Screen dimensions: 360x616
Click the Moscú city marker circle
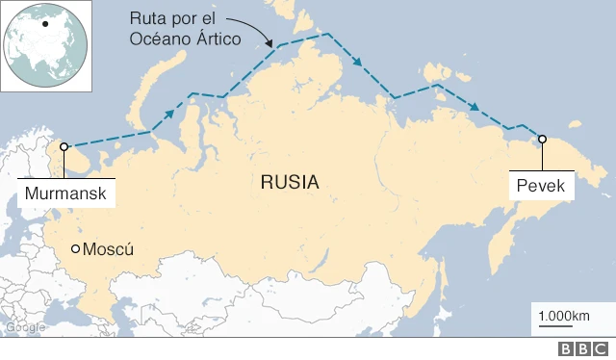(x=76, y=249)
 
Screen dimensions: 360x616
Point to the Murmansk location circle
(x=64, y=147)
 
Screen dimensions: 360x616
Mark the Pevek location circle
(x=541, y=139)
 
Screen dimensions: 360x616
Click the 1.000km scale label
(x=565, y=316)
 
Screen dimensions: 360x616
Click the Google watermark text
(x=25, y=327)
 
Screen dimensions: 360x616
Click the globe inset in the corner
(x=44, y=45)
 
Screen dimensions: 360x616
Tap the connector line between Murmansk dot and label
(x=64, y=165)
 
